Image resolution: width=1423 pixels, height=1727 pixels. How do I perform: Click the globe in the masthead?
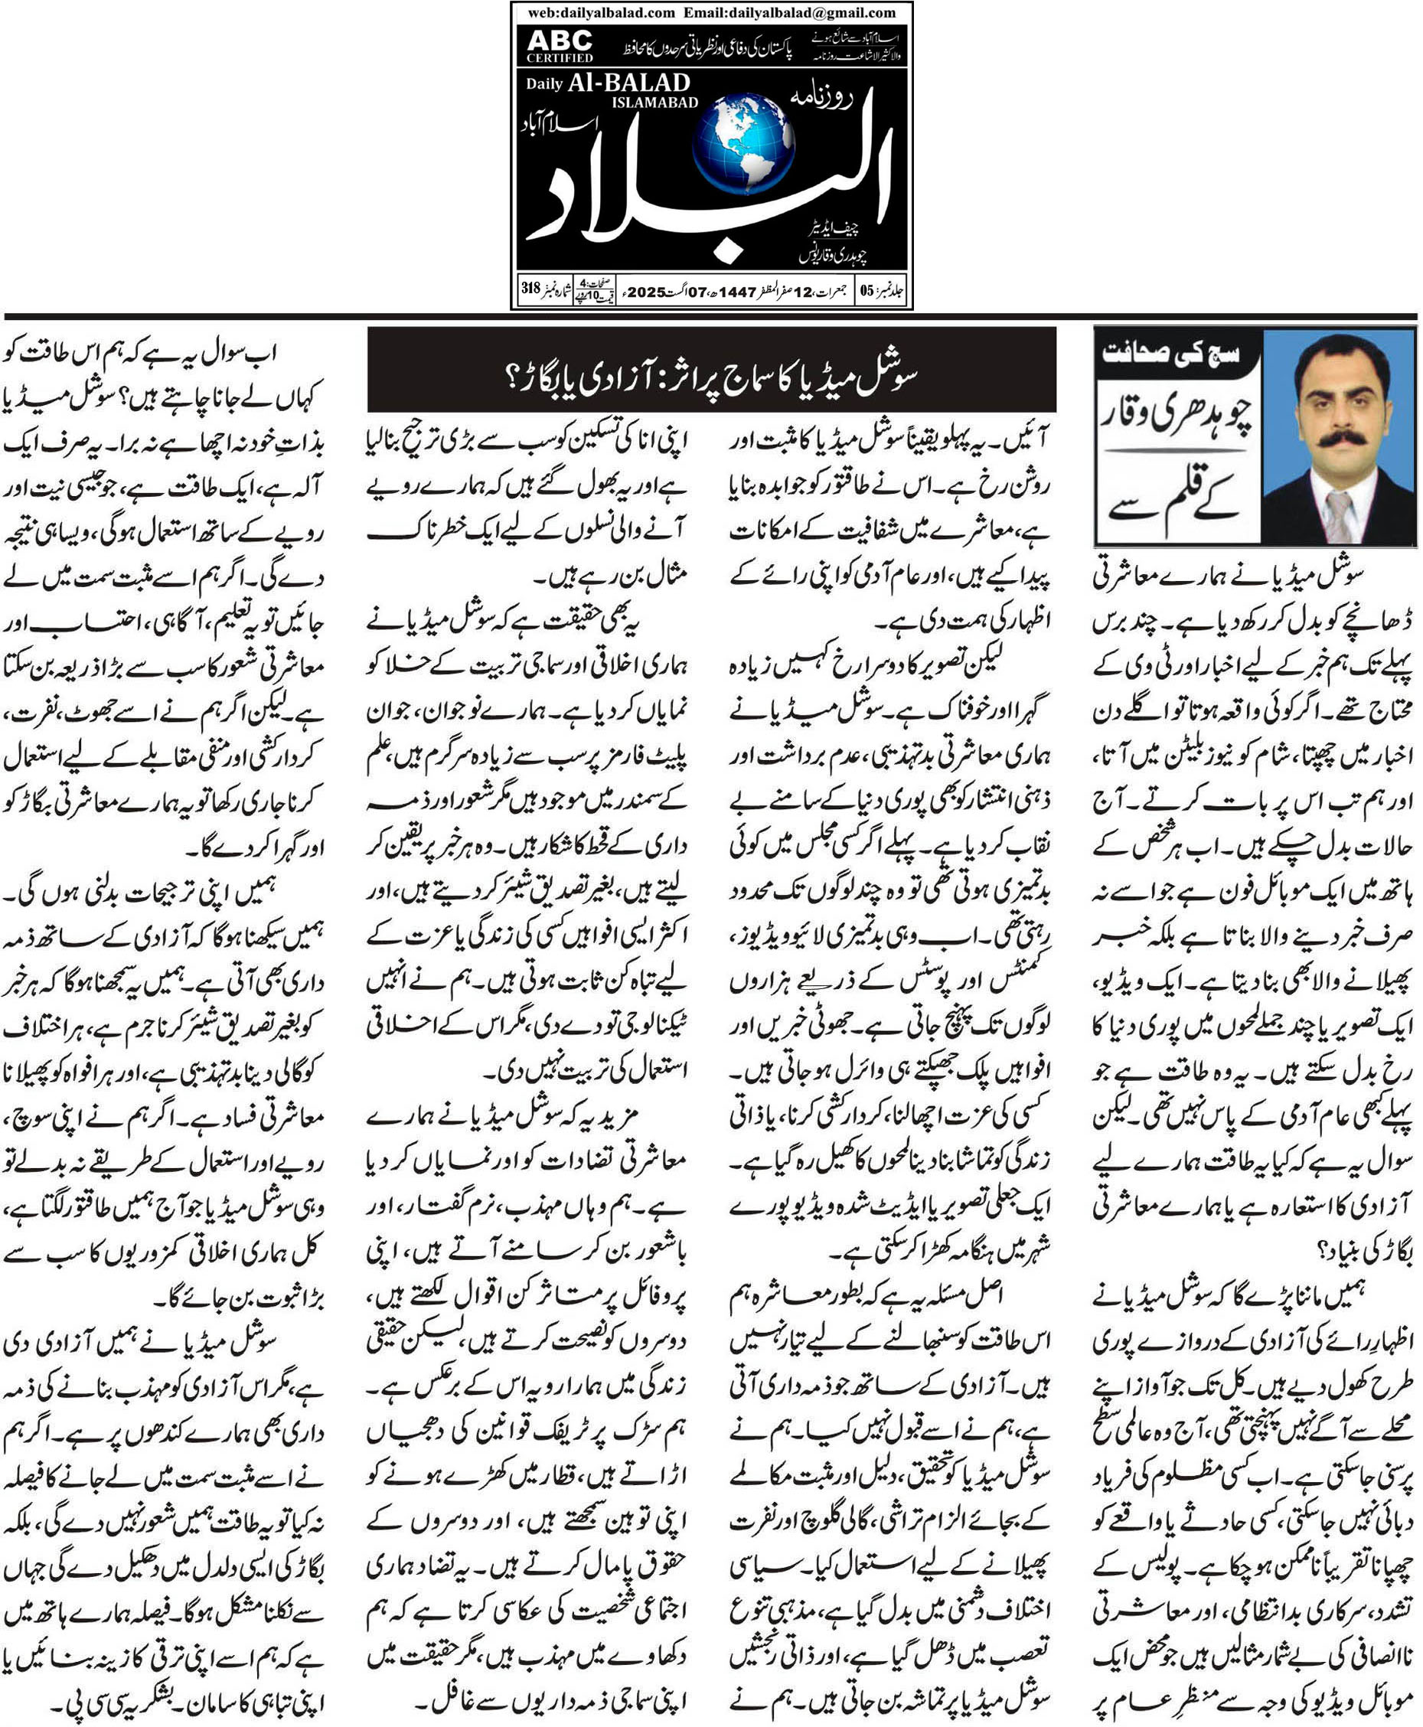click(743, 144)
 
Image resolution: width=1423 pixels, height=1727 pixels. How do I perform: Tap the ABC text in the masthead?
click(560, 40)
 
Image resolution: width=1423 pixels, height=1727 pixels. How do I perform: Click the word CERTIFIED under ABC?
click(560, 57)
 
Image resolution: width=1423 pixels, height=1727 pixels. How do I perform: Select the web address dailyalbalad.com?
click(602, 12)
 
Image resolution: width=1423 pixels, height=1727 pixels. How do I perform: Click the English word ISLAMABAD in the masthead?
click(655, 103)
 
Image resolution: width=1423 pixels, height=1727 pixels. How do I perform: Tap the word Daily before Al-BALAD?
click(544, 84)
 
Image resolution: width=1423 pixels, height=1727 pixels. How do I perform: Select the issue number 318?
click(531, 289)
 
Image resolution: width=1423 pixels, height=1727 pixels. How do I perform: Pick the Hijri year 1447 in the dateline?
click(737, 291)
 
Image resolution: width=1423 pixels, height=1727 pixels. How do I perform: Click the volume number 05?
click(867, 291)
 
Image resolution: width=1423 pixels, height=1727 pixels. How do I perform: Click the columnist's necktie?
click(1339, 514)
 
